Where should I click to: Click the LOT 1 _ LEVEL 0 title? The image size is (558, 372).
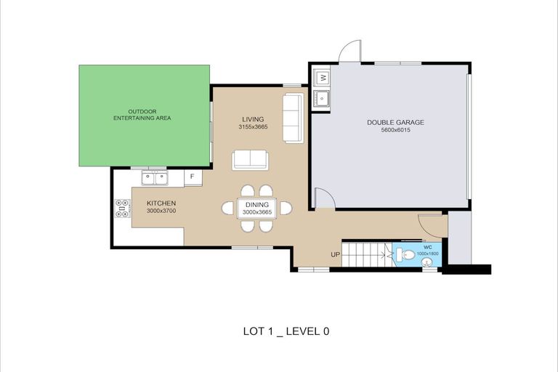pos(286,331)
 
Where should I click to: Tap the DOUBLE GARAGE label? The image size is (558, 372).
pos(395,123)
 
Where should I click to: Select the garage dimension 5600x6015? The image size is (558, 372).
pos(395,130)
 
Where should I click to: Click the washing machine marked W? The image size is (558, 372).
pos(323,78)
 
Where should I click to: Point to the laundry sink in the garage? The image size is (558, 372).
pos(323,98)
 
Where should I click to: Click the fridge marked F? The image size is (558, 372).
pos(193,177)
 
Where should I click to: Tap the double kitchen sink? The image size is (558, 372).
pos(155,178)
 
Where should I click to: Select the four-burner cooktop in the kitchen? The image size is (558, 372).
pos(122,209)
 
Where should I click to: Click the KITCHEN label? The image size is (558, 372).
pos(161,203)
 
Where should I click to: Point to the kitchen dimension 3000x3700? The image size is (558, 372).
pos(161,211)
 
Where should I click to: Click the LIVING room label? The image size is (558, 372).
pos(253,119)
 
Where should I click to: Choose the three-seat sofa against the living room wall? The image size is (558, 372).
pos(294,118)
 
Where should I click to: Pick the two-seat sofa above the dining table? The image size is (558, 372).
pos(250,160)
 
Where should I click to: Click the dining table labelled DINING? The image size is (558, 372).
pos(257,209)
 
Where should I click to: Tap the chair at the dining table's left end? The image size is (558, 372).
pos(228,209)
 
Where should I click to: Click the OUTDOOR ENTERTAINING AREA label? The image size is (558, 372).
pos(142,115)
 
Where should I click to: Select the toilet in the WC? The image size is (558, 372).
pos(405,254)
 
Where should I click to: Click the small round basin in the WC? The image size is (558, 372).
pos(427,262)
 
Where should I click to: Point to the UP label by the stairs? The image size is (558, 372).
pos(335,255)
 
